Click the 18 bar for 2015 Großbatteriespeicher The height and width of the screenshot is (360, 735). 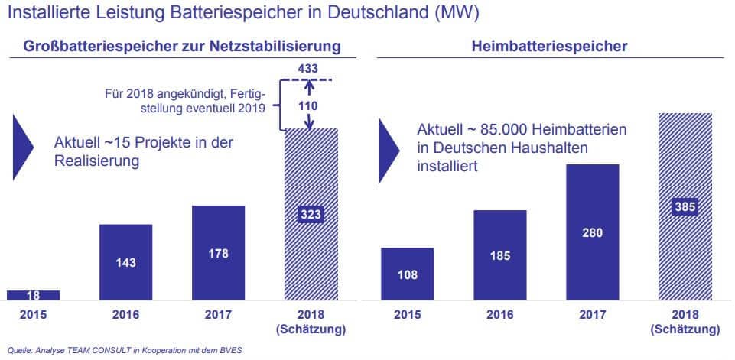point(33,296)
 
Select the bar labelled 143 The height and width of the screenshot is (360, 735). point(125,262)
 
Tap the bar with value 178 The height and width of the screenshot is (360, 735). point(218,253)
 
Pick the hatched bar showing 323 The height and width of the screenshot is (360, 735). point(311,215)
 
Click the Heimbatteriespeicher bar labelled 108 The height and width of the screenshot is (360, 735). point(408,274)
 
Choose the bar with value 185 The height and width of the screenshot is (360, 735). point(499,255)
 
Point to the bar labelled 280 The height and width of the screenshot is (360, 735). point(592,232)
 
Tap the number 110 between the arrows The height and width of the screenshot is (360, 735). point(310,106)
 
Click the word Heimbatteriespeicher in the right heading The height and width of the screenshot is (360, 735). point(560,47)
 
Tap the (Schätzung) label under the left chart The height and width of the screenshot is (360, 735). point(311,329)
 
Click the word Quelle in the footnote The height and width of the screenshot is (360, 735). point(19,351)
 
